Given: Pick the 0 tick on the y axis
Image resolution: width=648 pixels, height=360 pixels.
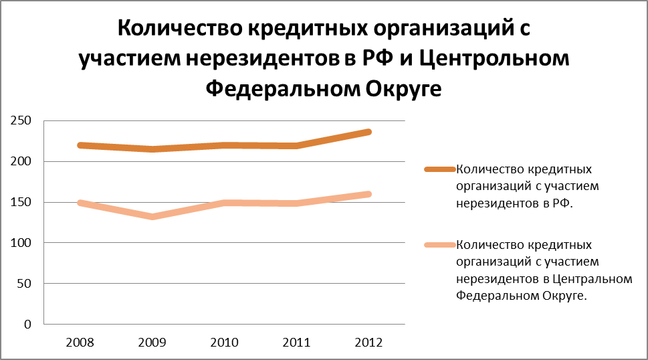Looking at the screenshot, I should pos(28,325).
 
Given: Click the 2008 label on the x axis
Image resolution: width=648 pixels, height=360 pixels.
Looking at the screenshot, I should pos(80,342).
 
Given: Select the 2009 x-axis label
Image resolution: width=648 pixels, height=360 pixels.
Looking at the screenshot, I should pos(152,342).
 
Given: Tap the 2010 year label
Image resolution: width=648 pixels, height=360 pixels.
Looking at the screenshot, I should pos(225,342).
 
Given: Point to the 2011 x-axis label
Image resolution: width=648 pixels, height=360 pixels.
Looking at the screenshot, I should pos(297,342).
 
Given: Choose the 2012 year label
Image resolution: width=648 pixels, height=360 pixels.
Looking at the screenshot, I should pos(368,342).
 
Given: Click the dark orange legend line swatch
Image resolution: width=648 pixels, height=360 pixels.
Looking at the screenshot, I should pos(439,169).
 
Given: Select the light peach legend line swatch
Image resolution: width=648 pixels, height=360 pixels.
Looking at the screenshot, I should pos(439,244).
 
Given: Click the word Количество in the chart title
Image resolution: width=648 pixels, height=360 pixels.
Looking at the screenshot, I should pos(180,30).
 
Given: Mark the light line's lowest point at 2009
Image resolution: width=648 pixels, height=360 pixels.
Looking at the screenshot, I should pos(152,217).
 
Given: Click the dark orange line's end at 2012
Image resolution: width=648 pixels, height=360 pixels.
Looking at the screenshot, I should pos(368,132).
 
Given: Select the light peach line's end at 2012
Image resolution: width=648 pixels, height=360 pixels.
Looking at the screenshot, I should pos(368,194).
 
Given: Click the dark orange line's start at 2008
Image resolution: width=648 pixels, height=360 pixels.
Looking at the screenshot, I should pos(80,145).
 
